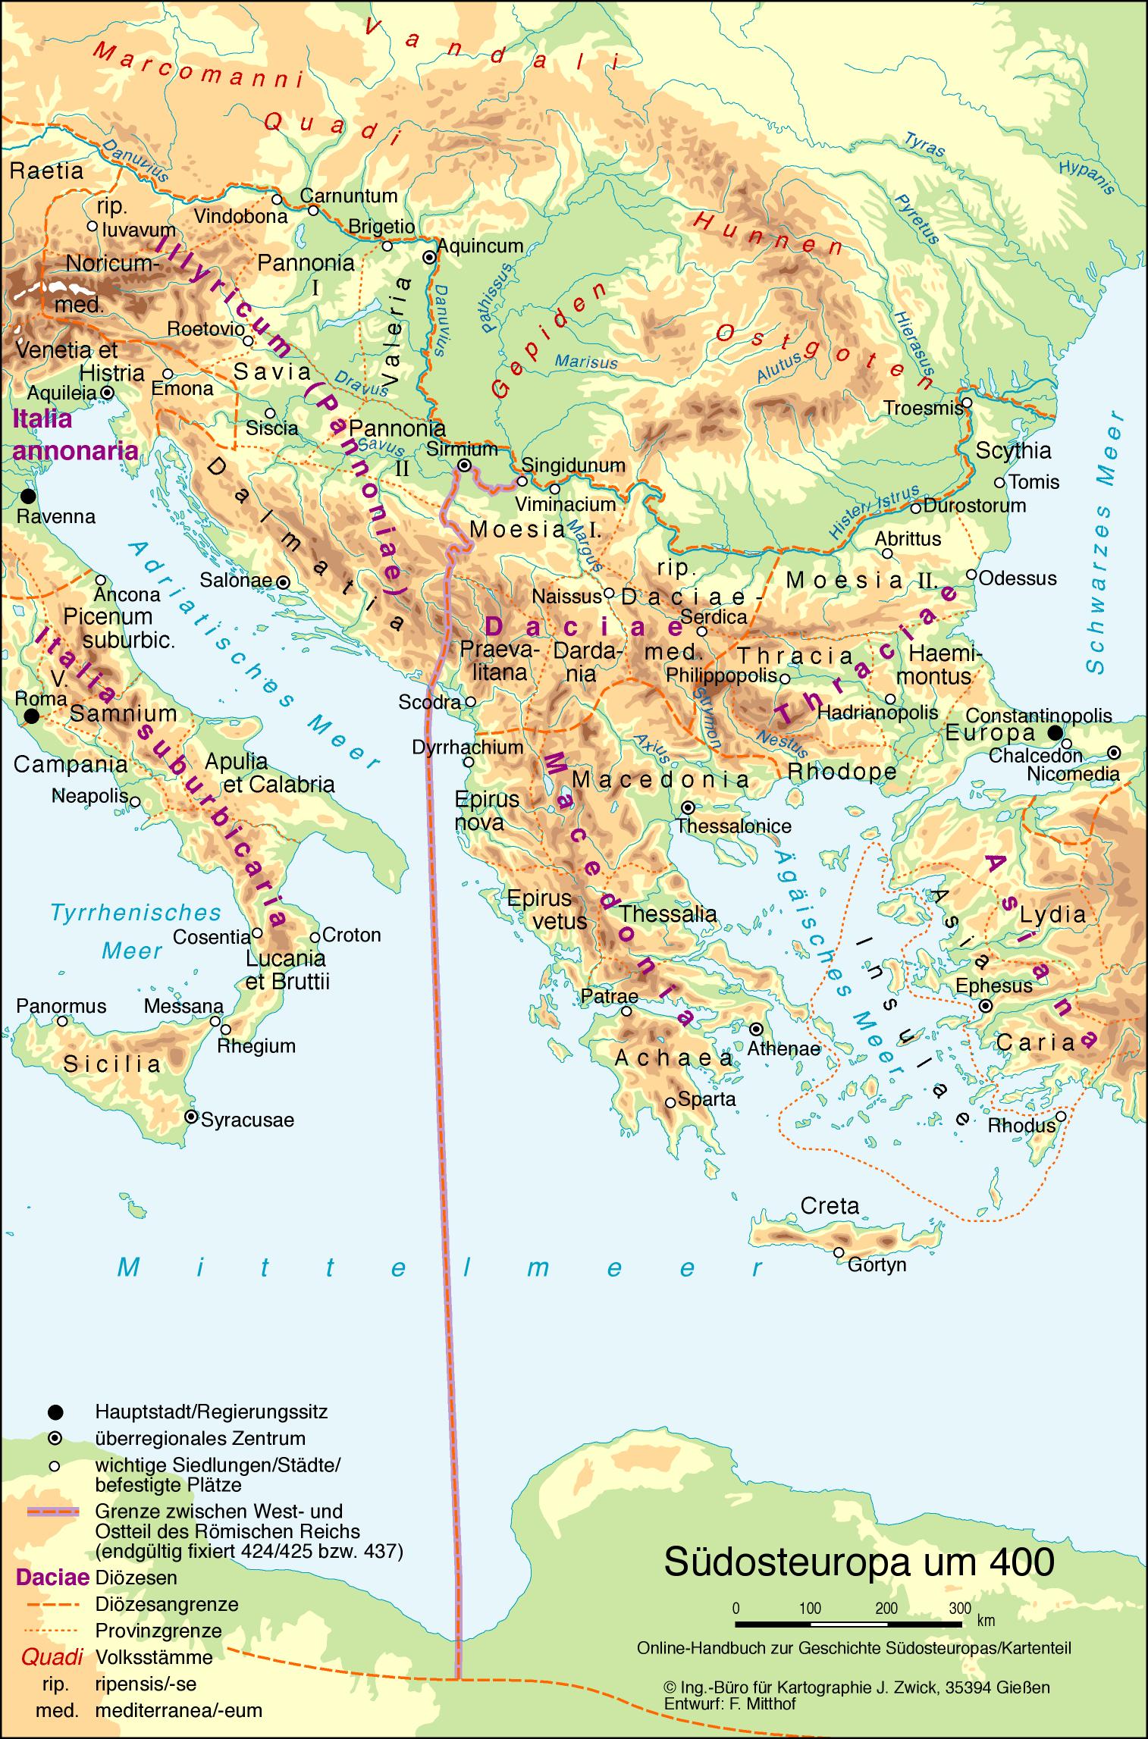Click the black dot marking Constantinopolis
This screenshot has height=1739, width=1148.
pos(1054,732)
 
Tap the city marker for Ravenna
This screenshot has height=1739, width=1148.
pos(28,497)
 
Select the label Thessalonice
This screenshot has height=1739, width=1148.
pos(734,826)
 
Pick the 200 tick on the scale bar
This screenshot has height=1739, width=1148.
pos(886,1608)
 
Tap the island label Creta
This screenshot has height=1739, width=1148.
pos(830,1205)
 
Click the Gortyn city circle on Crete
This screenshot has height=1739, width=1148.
pos(839,1252)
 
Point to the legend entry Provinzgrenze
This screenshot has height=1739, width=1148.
pos(158,1630)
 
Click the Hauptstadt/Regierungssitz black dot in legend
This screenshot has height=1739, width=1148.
pos(55,1412)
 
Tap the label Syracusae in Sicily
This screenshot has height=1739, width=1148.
pos(247,1120)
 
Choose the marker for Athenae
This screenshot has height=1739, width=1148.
pos(756,1029)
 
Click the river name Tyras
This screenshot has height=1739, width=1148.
pos(924,143)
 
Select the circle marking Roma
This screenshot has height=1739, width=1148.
pos(30,716)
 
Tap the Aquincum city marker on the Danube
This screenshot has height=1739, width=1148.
pos(429,257)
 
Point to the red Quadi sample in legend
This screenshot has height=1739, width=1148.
pos(52,1656)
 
